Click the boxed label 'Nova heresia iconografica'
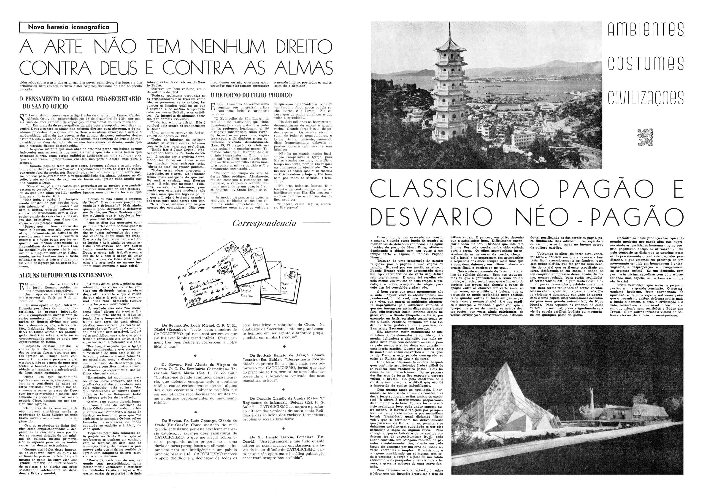coord(68,27)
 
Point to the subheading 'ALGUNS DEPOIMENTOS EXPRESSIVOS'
coord(66,275)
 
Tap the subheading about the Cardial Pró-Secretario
coord(80,102)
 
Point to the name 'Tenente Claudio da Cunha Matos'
coord(284,398)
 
